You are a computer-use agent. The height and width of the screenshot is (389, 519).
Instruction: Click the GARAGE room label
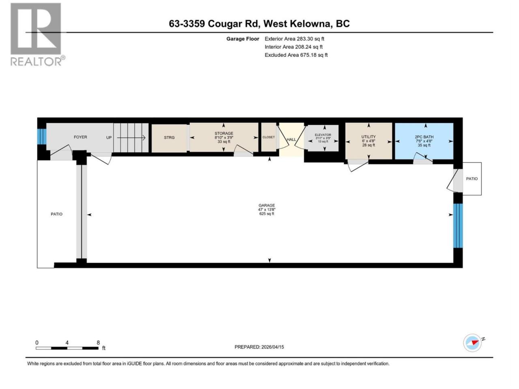click(x=266, y=205)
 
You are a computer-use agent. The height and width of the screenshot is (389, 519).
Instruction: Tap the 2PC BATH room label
click(x=424, y=137)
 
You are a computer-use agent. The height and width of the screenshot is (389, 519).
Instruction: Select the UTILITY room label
click(x=369, y=137)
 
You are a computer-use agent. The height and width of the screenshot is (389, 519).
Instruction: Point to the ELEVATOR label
click(x=323, y=135)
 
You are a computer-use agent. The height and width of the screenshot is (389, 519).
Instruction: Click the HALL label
click(x=291, y=139)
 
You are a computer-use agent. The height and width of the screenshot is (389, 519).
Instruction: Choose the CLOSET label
click(x=268, y=137)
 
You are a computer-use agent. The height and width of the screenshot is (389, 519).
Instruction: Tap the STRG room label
click(x=169, y=137)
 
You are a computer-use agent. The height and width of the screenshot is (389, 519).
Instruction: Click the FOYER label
click(x=80, y=137)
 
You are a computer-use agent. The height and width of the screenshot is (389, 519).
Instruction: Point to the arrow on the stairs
click(x=131, y=138)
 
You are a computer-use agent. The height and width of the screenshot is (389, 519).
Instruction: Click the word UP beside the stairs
click(x=109, y=137)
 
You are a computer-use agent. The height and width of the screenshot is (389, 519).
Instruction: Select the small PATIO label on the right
click(x=472, y=179)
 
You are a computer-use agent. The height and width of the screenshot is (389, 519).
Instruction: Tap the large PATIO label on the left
click(x=57, y=214)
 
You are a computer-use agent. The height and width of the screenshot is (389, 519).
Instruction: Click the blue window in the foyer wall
click(x=42, y=137)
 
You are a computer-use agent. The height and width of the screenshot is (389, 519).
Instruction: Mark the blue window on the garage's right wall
click(x=458, y=226)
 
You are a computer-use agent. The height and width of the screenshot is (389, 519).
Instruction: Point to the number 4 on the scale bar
click(x=67, y=343)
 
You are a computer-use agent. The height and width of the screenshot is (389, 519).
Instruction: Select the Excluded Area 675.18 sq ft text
click(x=296, y=55)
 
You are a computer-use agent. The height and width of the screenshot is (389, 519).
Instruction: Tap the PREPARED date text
click(x=259, y=347)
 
